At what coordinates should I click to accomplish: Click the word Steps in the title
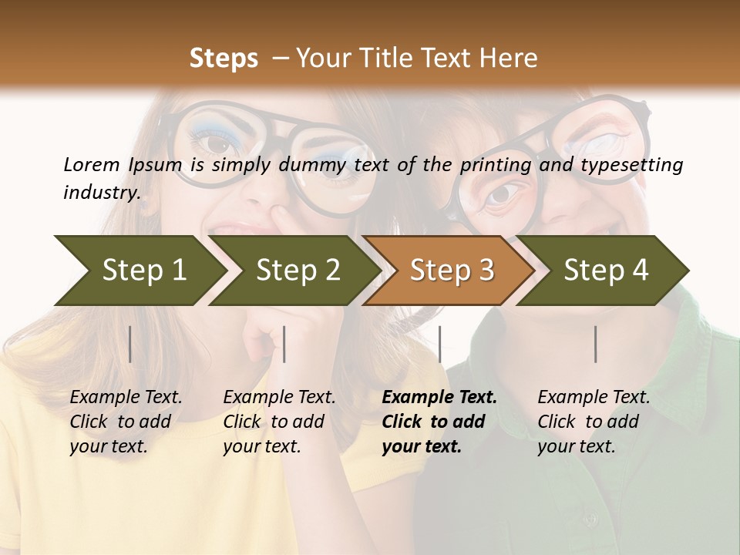[224, 59]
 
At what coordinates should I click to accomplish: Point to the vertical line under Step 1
[130, 344]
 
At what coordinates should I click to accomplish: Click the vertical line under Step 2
[284, 344]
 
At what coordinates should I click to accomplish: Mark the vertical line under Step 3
[440, 344]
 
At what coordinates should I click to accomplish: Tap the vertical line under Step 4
[596, 344]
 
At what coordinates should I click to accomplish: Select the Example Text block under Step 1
[126, 422]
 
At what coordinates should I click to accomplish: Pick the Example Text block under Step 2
[279, 422]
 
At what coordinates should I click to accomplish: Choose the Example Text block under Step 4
[594, 422]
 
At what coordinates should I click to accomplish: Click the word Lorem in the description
[91, 164]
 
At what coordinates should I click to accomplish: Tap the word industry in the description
[102, 192]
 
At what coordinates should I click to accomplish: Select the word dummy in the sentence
[316, 164]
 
